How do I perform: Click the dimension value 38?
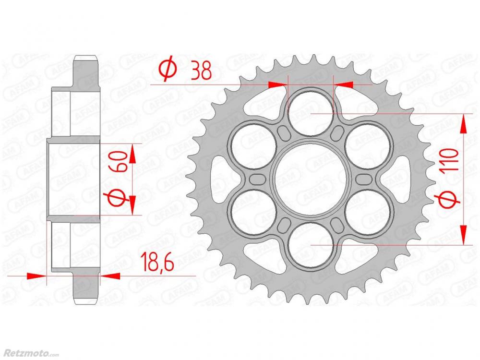click(201, 72)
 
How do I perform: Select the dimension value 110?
click(450, 159)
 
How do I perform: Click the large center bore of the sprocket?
click(311, 180)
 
